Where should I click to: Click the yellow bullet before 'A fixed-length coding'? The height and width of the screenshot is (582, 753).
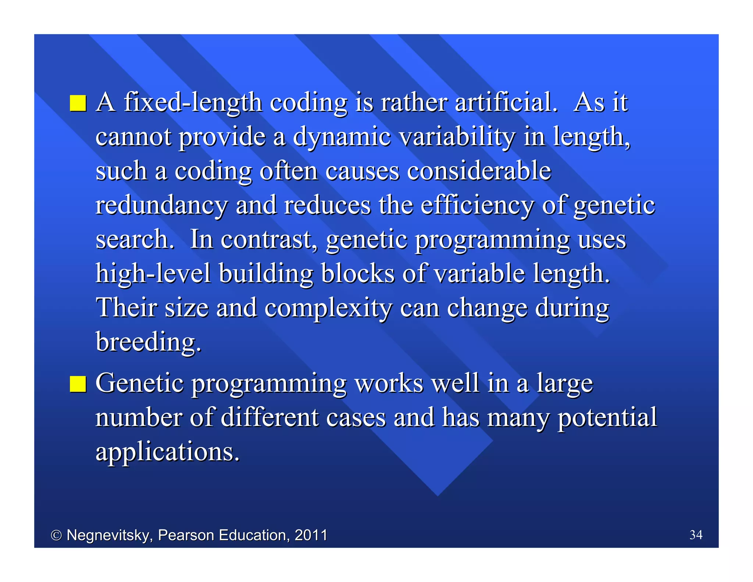pos(78,103)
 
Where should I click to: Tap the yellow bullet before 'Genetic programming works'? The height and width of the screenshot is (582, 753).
pos(78,384)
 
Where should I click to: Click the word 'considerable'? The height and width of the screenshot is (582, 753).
pos(479,171)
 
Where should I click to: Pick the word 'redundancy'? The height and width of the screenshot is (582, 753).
pos(161,205)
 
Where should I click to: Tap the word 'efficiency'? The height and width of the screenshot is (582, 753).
pos(477,205)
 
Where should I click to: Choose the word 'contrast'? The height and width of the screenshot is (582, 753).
pos(269,239)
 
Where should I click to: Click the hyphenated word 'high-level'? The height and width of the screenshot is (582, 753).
pos(153,274)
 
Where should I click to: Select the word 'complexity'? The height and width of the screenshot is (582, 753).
pos(328,308)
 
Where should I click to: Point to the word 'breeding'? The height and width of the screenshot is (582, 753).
pos(148,342)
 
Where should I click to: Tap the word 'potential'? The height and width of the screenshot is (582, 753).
pos(607,418)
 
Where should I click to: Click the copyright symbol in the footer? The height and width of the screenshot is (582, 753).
pos(56,535)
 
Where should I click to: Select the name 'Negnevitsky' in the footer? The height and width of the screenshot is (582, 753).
pos(109,535)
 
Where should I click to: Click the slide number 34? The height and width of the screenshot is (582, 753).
pos(696,535)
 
